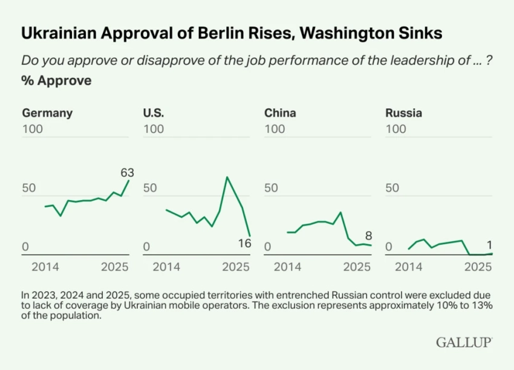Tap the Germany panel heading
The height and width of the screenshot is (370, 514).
pos(47,113)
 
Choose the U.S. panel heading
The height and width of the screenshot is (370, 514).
pos(154,113)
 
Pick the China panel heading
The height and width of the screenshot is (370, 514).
pos(281,113)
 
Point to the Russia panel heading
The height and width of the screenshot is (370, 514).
pos(403,113)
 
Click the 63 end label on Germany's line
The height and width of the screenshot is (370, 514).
pos(127,173)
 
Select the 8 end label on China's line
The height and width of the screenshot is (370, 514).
pos(368,236)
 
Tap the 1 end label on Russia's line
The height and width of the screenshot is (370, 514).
pos(489,245)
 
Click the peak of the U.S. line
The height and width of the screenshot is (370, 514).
pos(227,177)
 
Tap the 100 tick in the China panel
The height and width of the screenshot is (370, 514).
pos(275,129)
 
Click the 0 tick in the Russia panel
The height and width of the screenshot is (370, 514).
pos(389,247)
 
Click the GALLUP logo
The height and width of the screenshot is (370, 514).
pos(464,343)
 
